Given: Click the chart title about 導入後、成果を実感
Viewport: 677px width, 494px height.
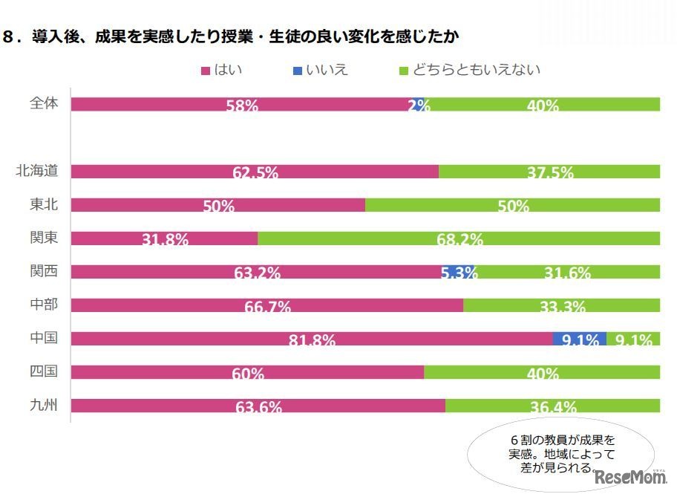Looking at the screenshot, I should coord(238,37).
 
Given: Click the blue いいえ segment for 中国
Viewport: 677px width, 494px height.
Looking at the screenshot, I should coord(580,339).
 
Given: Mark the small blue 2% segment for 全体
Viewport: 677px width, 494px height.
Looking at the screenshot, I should coord(419,104).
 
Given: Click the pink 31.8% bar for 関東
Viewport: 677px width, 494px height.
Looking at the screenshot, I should coord(164,238).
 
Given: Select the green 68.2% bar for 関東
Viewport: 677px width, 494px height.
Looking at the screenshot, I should coord(459,238).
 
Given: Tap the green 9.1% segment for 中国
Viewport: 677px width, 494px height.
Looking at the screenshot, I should coord(633,339).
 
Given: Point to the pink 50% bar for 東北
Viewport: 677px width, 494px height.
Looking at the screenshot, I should coord(218,204).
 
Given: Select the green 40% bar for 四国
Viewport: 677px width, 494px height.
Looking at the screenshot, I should coord(542,371).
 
